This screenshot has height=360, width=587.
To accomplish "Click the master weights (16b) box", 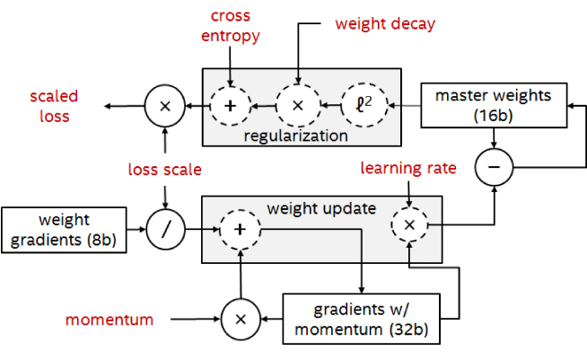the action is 494,105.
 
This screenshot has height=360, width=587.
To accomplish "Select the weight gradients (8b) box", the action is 64,230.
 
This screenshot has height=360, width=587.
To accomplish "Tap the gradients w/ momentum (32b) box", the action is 361,319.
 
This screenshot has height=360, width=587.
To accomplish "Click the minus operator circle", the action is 494,167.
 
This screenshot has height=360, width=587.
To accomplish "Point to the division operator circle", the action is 165,229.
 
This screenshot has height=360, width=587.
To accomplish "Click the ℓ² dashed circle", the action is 364,105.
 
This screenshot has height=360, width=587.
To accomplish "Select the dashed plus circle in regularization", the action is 230,105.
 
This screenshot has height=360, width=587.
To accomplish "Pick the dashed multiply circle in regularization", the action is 298,105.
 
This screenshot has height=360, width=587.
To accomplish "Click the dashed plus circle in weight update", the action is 240,229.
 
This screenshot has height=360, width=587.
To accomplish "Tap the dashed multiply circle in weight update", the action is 409,224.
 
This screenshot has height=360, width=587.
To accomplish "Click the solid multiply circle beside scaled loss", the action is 165,106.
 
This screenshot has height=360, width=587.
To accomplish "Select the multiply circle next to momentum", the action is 241,320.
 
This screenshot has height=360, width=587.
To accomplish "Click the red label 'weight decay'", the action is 385,24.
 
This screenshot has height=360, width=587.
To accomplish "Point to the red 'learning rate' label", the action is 408,168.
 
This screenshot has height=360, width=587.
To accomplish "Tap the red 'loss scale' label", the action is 165,170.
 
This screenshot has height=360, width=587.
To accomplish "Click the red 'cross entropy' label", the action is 231,26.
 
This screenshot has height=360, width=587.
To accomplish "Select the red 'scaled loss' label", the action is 54,107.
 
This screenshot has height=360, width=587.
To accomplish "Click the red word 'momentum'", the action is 110,320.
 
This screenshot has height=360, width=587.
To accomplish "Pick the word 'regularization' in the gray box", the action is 296,136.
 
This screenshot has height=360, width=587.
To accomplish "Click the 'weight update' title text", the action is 321,208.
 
